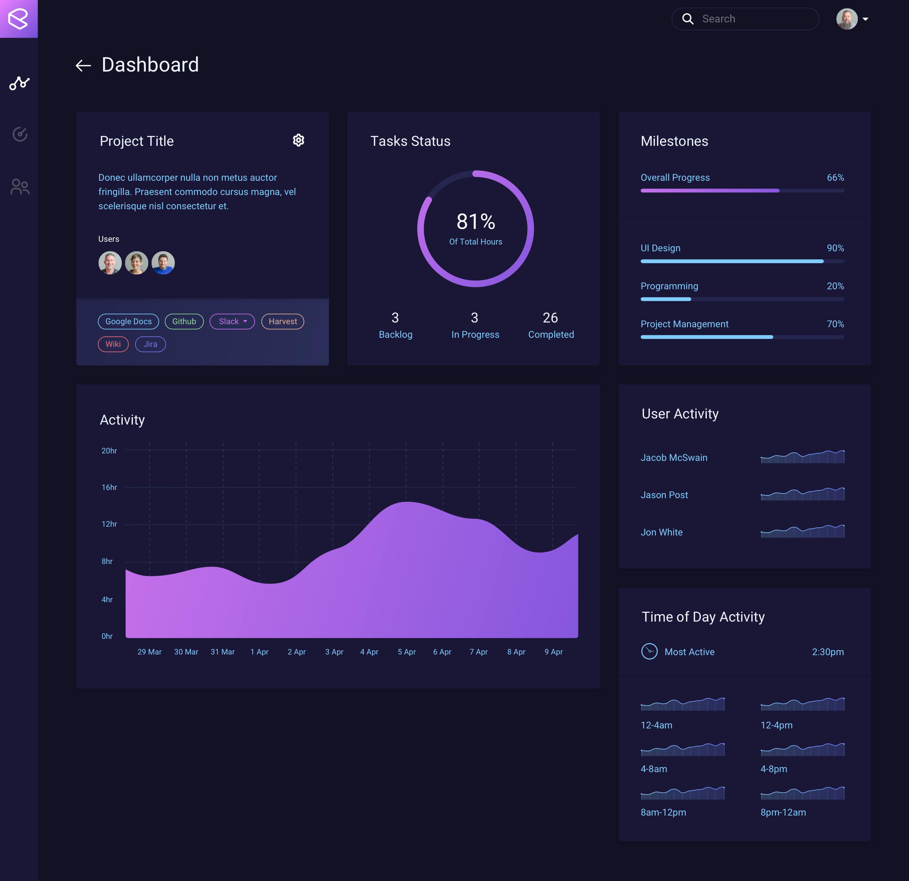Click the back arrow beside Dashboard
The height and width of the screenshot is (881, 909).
[83, 65]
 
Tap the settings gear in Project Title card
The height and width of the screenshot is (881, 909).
[298, 140]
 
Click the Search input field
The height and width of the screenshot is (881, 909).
[751, 19]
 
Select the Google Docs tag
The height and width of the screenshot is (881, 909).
[129, 321]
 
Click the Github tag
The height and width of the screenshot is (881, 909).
[184, 321]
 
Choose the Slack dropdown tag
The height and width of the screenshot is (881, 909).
[232, 321]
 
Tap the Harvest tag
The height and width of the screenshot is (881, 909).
[283, 321]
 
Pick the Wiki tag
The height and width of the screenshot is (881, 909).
[113, 344]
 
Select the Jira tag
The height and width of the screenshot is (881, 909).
[150, 344]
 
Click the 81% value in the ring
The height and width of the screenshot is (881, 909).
[476, 222]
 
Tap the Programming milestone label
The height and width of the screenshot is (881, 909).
[669, 286]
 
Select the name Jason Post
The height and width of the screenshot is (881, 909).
[664, 495]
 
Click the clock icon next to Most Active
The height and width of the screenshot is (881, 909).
[649, 651]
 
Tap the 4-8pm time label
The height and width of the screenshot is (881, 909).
[774, 769]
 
